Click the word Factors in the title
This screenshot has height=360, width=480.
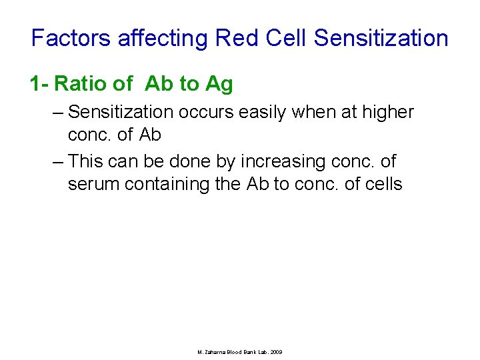71,38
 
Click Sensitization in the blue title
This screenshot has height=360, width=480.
381,38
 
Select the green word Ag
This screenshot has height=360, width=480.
219,84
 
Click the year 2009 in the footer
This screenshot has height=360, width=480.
275,351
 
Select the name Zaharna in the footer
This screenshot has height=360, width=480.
216,351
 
